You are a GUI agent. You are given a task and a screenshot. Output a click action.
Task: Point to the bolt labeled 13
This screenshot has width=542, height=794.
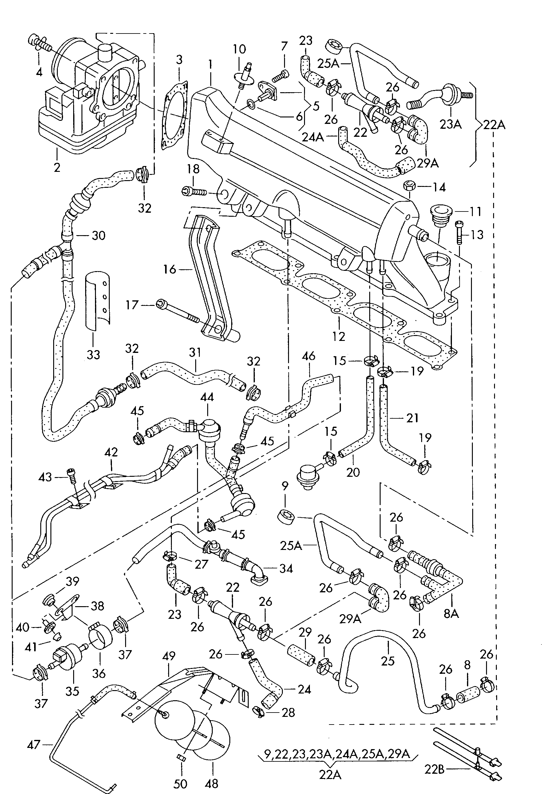[459, 232]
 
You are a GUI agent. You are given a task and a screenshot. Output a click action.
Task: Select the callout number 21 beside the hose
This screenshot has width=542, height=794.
[412, 417]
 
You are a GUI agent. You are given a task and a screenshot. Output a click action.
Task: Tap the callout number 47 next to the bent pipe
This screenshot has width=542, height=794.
[33, 745]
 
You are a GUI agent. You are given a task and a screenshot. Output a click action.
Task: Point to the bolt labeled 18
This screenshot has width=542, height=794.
[194, 192]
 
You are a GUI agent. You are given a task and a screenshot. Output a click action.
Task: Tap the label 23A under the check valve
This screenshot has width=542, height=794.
[450, 124]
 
